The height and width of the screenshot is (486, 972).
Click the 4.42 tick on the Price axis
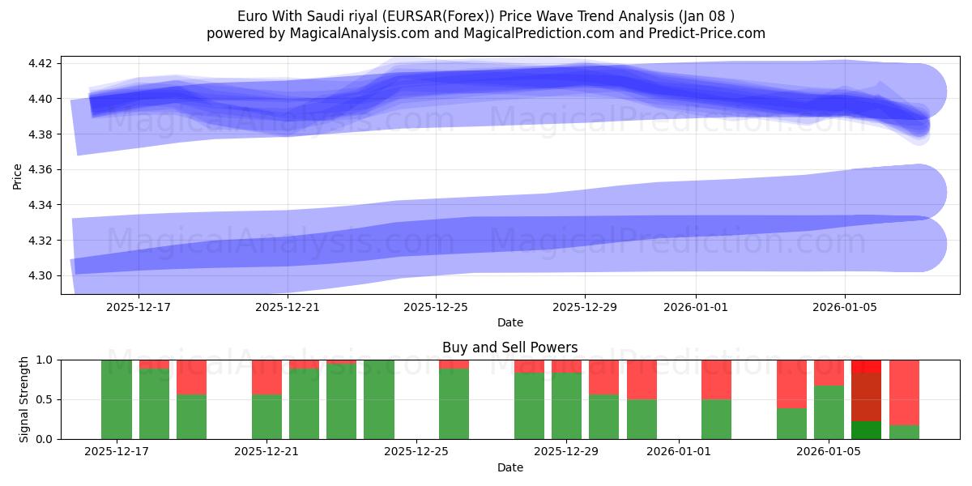(x=40, y=63)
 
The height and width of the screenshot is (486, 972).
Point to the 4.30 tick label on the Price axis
(x=40, y=276)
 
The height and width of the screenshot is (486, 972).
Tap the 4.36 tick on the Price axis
(x=40, y=170)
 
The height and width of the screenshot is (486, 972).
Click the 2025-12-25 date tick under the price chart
(x=436, y=307)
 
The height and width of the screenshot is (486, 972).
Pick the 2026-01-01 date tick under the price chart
(x=695, y=307)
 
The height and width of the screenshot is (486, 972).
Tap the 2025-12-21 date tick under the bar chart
(x=266, y=452)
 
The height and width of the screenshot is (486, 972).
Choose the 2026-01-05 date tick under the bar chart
(x=829, y=452)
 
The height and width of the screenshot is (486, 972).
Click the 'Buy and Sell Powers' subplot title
(x=509, y=347)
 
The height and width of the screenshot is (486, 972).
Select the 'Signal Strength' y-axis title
(x=24, y=399)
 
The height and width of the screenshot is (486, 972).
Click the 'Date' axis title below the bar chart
(x=509, y=467)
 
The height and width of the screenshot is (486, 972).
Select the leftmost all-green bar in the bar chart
(x=117, y=399)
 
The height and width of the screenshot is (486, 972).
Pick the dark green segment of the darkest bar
(x=866, y=430)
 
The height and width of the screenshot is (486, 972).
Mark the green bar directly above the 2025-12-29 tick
(x=566, y=406)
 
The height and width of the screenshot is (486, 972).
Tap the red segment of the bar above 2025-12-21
(x=266, y=377)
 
